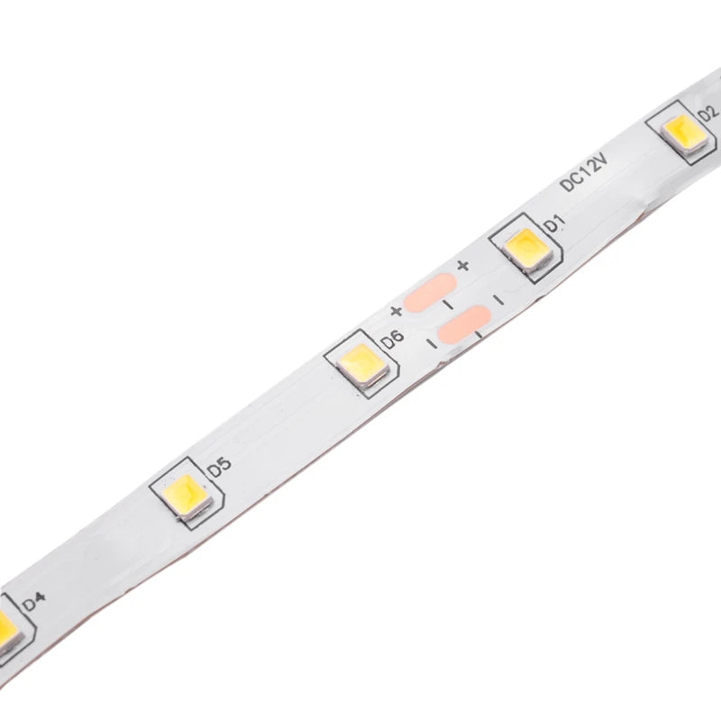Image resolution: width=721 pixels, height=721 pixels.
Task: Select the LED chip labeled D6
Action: tap(361, 363)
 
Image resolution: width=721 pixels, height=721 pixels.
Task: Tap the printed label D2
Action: tap(708, 112)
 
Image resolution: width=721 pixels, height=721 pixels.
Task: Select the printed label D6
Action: tap(392, 339)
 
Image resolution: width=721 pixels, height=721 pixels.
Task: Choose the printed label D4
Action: tap(34, 598)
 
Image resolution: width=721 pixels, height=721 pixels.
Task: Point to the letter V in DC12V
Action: tap(603, 159)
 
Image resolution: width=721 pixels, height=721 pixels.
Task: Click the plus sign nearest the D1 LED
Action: tap(463, 265)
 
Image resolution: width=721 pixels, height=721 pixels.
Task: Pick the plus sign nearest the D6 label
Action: tap(396, 312)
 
